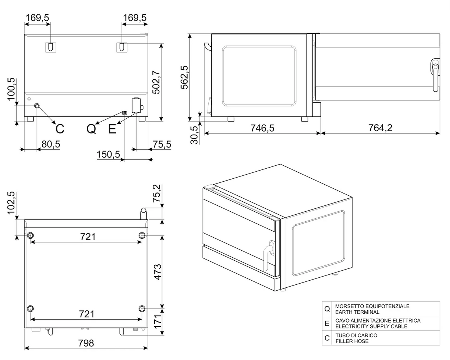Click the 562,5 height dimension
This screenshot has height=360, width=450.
click(184, 77)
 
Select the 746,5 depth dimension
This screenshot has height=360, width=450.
click(262, 128)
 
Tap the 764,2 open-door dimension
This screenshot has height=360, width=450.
click(380, 128)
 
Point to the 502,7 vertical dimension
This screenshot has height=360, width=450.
click(156, 82)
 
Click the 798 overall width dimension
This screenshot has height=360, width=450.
click(86, 343)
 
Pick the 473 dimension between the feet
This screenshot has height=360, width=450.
click(158, 272)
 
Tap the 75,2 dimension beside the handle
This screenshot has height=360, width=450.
click(158, 193)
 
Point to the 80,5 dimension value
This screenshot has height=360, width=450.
click(51, 144)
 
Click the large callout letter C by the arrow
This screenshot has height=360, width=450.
click(60, 129)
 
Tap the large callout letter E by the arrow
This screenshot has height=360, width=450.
click(112, 129)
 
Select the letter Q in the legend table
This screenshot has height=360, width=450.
click(327, 309)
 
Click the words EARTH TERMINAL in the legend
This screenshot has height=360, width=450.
click(357, 312)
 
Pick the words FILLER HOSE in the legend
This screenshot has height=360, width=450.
click(352, 341)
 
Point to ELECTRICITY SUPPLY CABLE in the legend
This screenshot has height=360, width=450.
click(371, 327)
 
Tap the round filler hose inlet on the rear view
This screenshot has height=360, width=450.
click(37, 106)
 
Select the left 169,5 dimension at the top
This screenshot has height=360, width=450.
click(37, 18)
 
